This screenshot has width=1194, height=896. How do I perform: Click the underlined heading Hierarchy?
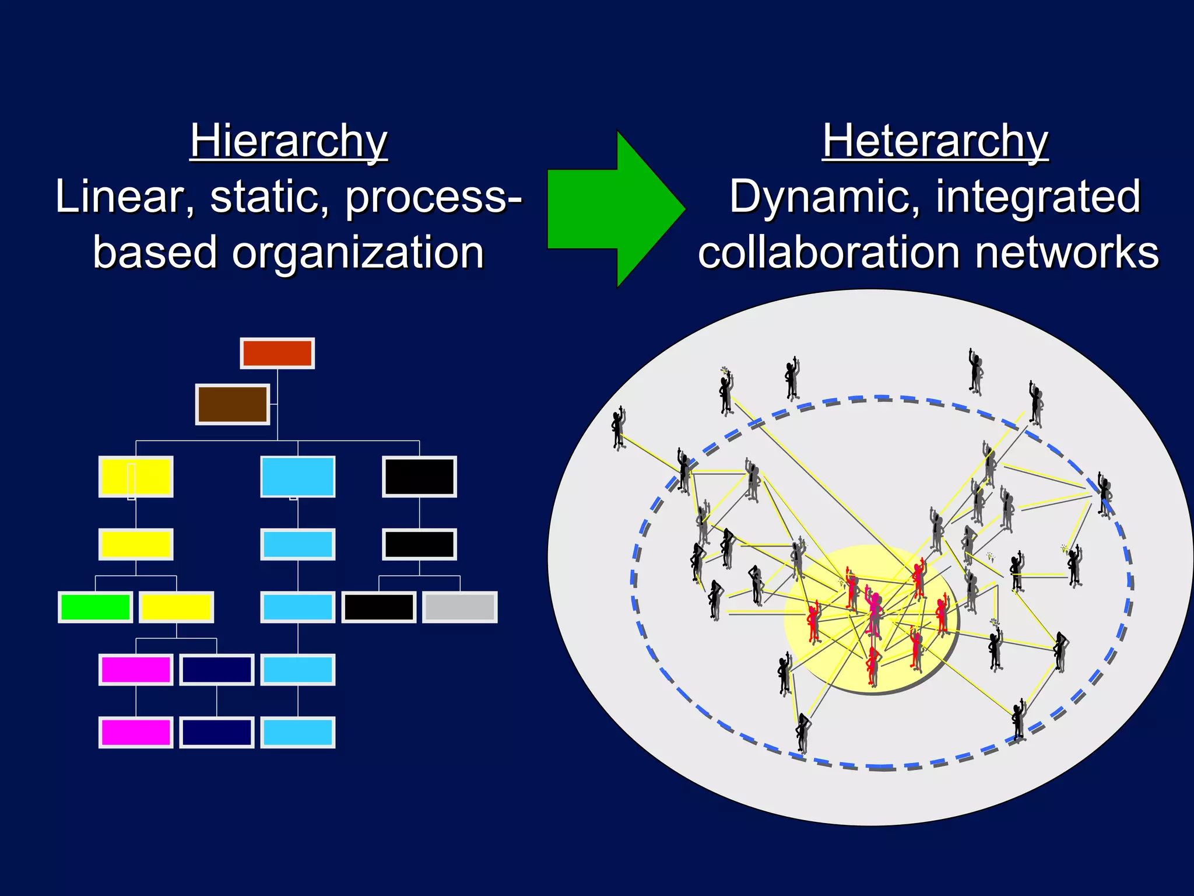[289, 141]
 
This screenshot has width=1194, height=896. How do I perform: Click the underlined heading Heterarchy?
[935, 141]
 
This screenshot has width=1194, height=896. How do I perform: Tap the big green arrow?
[612, 209]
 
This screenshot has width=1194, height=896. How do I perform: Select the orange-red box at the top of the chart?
[278, 353]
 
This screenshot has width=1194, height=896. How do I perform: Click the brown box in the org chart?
[233, 404]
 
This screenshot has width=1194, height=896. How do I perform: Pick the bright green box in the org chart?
[96, 607]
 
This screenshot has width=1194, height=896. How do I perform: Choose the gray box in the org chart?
[460, 607]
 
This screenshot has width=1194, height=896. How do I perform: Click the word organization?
[358, 253]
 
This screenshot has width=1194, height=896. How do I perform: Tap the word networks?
[1067, 253]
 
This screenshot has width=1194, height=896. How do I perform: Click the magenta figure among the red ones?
[875, 612]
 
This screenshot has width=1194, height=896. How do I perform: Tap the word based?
[155, 253]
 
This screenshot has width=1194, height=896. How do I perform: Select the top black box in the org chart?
[419, 477]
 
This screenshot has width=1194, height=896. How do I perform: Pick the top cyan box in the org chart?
[298, 477]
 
